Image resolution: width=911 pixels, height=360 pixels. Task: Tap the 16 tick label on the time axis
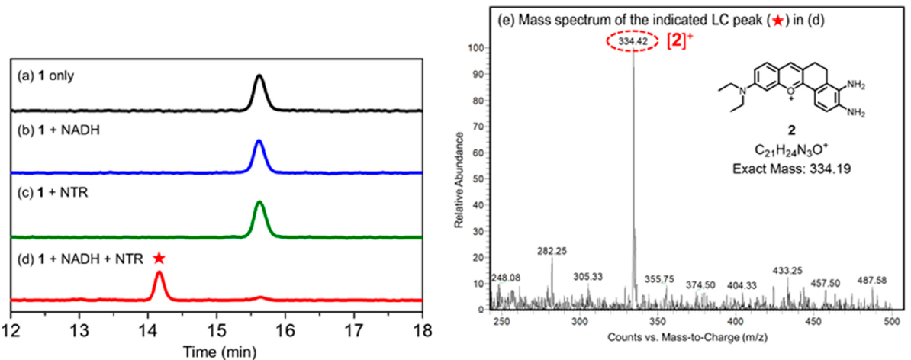tap(285, 333)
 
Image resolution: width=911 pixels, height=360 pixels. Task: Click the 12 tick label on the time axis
tap(11, 333)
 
